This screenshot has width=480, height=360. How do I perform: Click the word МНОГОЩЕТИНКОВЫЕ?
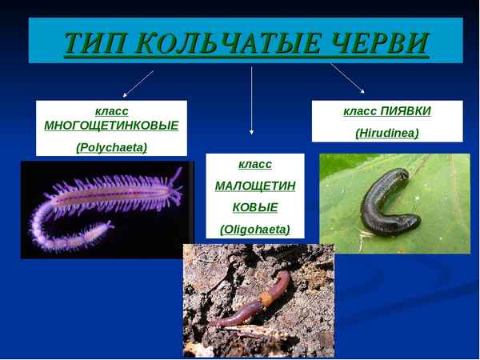pyautogui.click(x=111, y=126)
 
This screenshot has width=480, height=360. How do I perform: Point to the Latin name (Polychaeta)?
pyautogui.click(x=111, y=147)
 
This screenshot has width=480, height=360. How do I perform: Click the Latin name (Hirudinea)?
pyautogui.click(x=387, y=133)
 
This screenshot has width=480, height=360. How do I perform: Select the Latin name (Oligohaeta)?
pyautogui.click(x=255, y=230)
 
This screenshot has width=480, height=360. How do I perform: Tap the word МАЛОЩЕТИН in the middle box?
pyautogui.click(x=255, y=186)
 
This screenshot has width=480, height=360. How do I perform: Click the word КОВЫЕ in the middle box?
pyautogui.click(x=255, y=207)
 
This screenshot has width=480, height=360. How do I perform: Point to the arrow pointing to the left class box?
pyautogui.click(x=138, y=84)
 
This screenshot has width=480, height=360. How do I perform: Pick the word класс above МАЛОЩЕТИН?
pyautogui.click(x=255, y=164)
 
